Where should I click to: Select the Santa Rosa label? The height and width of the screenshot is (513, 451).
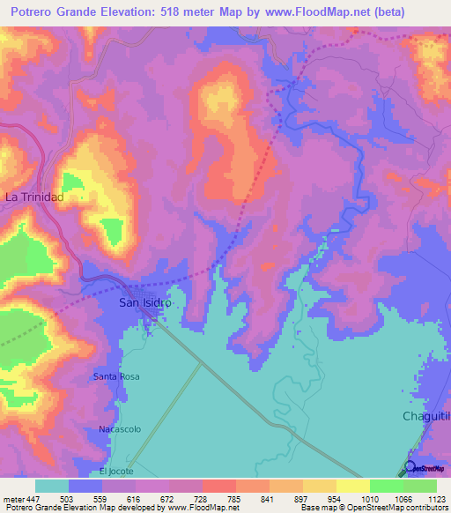pyautogui.click(x=116, y=376)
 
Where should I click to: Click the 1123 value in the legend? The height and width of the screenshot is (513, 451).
pyautogui.click(x=437, y=498)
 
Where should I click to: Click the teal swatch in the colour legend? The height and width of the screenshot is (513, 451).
pyautogui.click(x=52, y=486)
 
